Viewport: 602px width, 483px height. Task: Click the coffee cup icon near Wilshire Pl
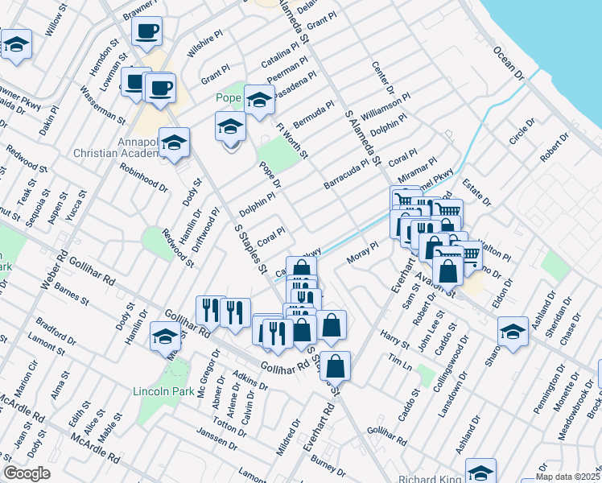click(146, 32)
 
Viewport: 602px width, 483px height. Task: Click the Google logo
click(27, 473)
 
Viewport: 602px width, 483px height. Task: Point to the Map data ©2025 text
click(567, 477)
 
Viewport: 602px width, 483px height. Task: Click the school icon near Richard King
click(480, 472)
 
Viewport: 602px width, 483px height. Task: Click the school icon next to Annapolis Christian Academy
click(174, 143)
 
